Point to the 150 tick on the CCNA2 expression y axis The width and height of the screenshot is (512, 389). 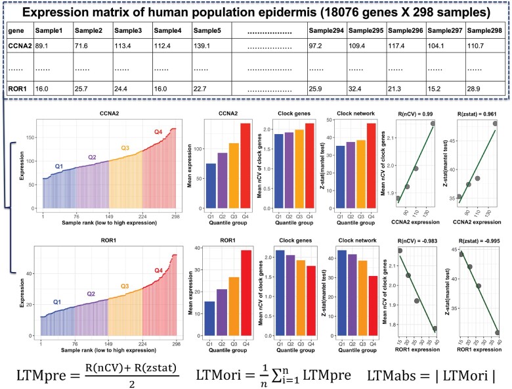[33, 139]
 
